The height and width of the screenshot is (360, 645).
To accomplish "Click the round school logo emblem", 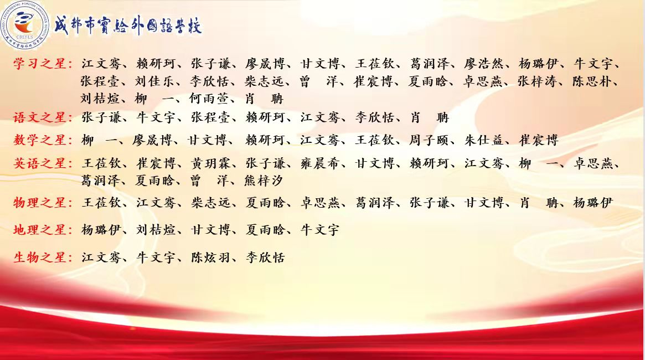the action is (x=25, y=25).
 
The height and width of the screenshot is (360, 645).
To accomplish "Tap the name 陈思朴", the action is (x=592, y=81).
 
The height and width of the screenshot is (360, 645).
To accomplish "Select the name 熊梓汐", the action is (x=264, y=181).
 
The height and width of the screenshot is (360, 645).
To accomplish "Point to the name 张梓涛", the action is (x=537, y=81).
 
